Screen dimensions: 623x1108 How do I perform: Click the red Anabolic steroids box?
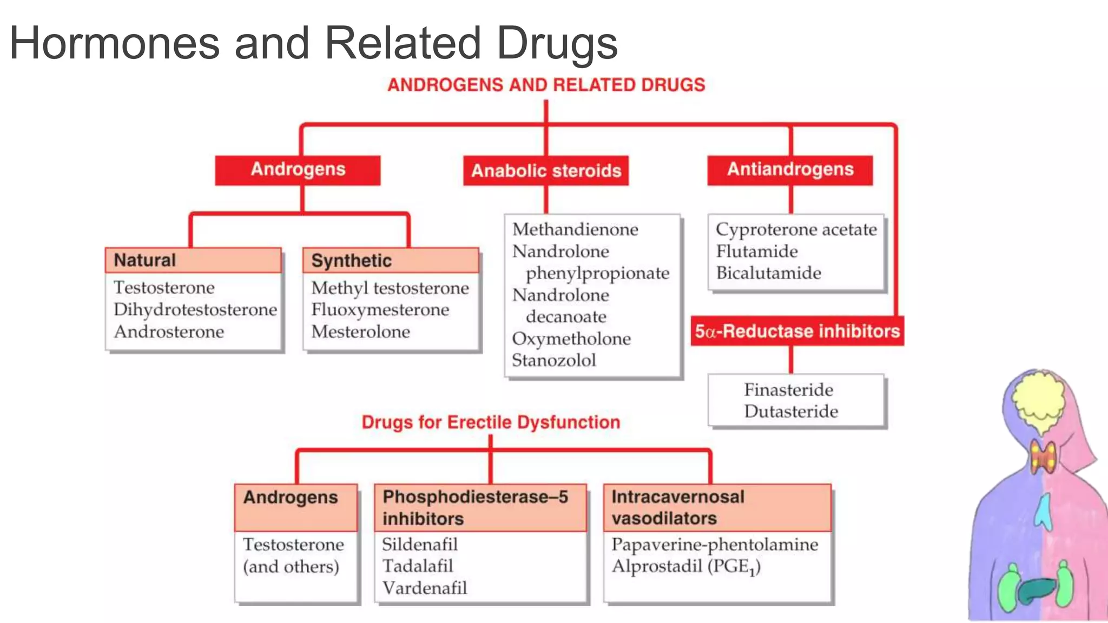point(546,171)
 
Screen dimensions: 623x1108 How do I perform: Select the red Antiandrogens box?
point(790,170)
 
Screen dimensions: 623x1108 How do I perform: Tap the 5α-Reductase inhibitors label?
point(797,331)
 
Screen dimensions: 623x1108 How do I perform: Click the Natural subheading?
point(145,260)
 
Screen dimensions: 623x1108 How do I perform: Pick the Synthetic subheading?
point(352,261)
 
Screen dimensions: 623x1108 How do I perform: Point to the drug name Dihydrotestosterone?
point(195,309)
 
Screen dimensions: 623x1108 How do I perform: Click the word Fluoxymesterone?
point(380,310)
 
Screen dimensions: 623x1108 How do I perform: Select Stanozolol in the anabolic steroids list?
point(554,360)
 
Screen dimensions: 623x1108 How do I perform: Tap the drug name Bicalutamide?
point(768,273)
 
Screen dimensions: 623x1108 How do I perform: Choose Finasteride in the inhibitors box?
point(788,389)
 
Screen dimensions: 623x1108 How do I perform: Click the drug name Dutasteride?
point(791,412)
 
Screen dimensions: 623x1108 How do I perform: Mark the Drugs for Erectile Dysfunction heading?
point(491,422)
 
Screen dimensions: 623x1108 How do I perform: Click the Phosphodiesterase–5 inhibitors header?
point(475,507)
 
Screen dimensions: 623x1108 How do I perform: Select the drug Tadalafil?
point(418,566)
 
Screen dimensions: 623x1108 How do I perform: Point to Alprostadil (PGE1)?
point(686,567)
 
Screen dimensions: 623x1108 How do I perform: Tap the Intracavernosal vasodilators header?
point(677,507)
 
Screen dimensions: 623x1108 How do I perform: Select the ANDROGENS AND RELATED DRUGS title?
point(546,85)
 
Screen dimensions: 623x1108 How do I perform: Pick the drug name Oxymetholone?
point(571,339)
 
